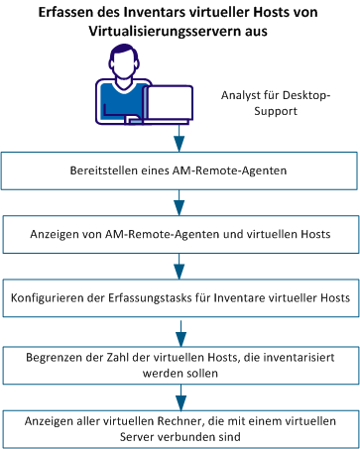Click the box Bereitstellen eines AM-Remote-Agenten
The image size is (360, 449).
coord(180,170)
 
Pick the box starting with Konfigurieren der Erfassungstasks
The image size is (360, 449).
coord(180,296)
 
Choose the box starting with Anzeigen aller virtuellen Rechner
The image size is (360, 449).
coord(180,424)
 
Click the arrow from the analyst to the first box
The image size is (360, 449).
coord(180,135)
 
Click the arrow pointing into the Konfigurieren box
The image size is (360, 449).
coord(180,266)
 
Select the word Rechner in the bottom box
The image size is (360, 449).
coord(182,417)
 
